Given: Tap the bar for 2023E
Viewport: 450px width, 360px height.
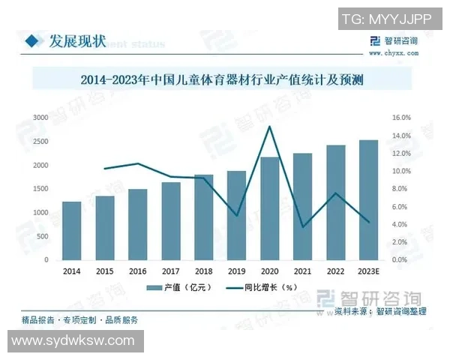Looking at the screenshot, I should (x=369, y=200).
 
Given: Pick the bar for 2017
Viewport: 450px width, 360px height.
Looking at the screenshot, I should (x=171, y=221).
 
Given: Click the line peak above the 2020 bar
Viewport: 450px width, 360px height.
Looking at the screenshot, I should (x=269, y=127).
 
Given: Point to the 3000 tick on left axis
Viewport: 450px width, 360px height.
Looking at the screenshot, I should (x=40, y=118).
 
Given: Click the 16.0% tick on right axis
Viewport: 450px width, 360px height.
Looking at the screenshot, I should (x=401, y=118).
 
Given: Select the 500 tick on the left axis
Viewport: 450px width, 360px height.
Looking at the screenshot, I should (x=43, y=236).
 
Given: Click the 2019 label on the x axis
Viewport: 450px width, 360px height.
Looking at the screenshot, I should (x=236, y=271).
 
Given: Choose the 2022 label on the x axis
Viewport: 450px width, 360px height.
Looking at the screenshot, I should (x=336, y=271).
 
